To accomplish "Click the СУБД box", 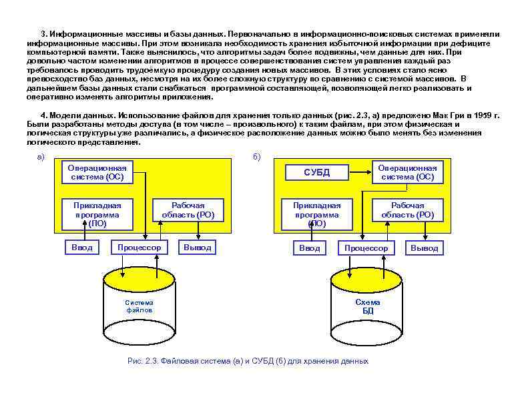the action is [x=317, y=173].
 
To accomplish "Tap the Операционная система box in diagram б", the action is [x=407, y=173].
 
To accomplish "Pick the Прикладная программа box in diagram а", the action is [x=97, y=214].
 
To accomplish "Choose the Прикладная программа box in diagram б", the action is [x=316, y=214].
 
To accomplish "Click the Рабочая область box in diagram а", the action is [x=188, y=210].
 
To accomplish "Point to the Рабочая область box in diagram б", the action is [x=407, y=210].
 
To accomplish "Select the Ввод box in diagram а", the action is [x=82, y=248].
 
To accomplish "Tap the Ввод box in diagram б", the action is [x=309, y=248].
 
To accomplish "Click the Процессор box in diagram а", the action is [x=139, y=248].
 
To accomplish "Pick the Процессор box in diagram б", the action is [x=366, y=248].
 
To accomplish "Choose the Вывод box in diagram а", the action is [x=198, y=248].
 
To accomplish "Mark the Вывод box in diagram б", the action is [x=425, y=248].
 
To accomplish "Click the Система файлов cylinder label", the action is [x=140, y=306].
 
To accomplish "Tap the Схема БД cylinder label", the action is [x=368, y=306].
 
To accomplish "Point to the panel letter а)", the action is [x=40, y=157].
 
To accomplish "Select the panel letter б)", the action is [x=258, y=157].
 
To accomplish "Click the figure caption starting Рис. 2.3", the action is [x=248, y=361].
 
